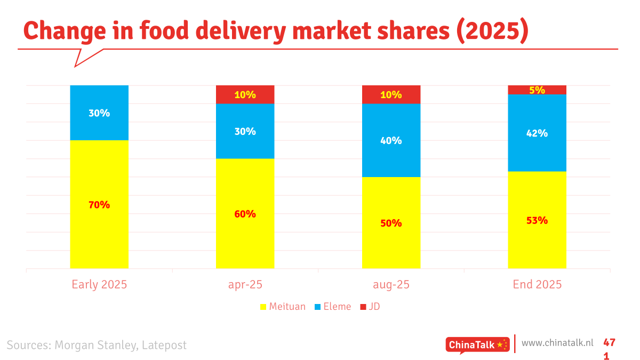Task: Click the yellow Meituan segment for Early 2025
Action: [99, 235]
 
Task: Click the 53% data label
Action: [537, 220]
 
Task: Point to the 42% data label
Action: [537, 133]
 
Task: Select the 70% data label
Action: [99, 205]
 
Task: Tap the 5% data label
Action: [537, 90]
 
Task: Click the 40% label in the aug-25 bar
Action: [391, 141]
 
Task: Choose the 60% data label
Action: [245, 214]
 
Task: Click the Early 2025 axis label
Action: [99, 284]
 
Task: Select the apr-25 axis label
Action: [245, 284]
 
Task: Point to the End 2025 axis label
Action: [537, 284]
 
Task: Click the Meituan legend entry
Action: [283, 307]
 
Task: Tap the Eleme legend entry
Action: [333, 307]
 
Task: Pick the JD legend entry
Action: [370, 307]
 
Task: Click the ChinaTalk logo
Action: [477, 345]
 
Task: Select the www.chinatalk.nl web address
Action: [557, 342]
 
